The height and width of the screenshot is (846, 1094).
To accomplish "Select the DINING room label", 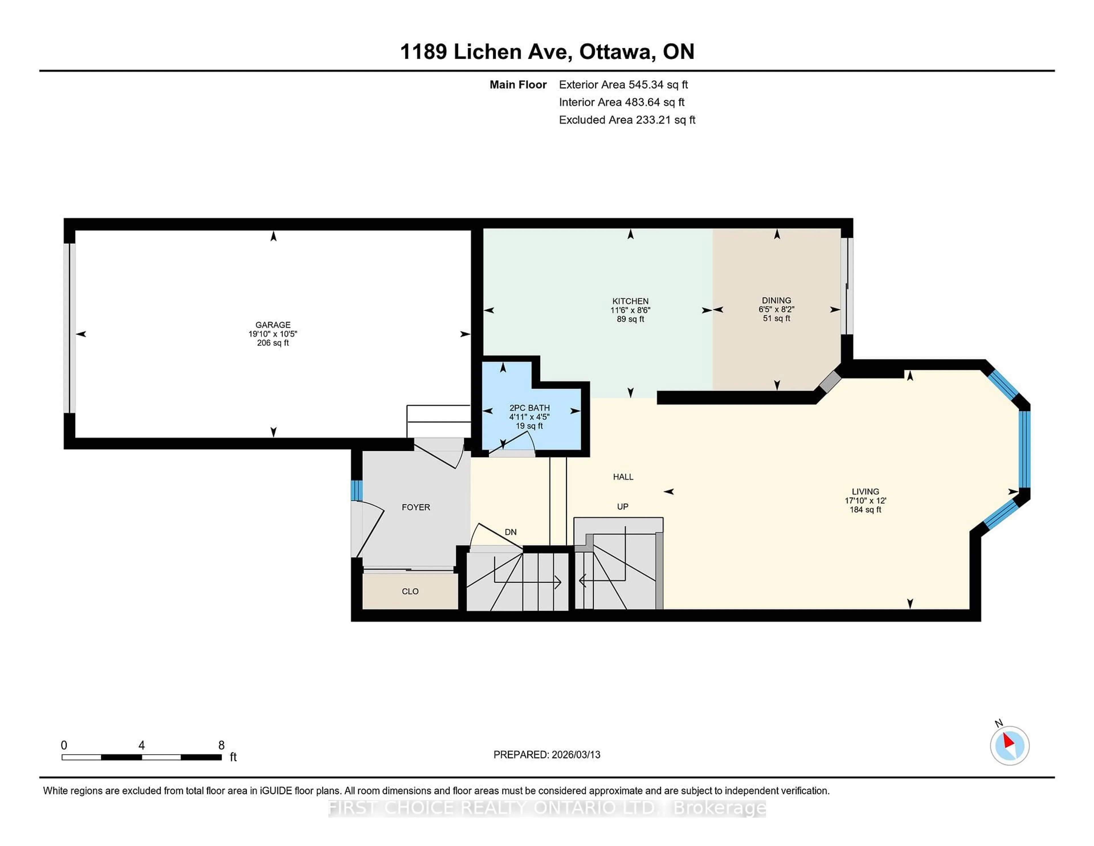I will tap(776, 301).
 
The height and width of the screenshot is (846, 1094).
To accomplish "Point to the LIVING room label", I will tap(865, 492).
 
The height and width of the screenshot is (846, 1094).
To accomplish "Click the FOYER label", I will tap(416, 507).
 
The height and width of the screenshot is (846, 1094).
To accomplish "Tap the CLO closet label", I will tap(410, 591).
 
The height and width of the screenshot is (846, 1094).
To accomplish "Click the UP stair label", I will tap(622, 507).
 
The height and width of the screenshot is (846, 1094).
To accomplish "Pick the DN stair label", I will tap(511, 532).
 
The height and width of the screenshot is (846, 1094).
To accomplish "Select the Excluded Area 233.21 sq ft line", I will tap(627, 120).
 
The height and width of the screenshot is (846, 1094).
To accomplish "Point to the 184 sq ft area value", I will tap(865, 510).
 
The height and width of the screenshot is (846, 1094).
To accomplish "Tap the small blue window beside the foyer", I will tap(356, 490).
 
